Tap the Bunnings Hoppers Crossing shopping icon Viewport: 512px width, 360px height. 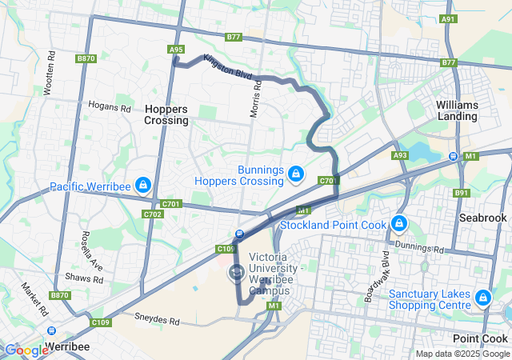coord(295,173)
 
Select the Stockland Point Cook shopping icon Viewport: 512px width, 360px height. coord(399,222)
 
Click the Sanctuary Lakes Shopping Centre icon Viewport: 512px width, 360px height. coord(482,298)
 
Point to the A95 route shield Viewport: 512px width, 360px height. coord(177,50)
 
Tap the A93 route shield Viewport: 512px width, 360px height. coord(400,154)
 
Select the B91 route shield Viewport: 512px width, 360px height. coord(462,193)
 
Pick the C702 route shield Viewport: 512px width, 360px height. coord(153,214)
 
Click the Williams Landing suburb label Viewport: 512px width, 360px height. coord(458,110)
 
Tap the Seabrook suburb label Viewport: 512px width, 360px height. coord(483,218)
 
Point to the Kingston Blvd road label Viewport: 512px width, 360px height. coord(228,66)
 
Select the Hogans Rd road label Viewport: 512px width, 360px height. coord(110,107)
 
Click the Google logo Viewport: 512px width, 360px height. coord(26,350)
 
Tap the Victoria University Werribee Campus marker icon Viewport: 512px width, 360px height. coord(236,274)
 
